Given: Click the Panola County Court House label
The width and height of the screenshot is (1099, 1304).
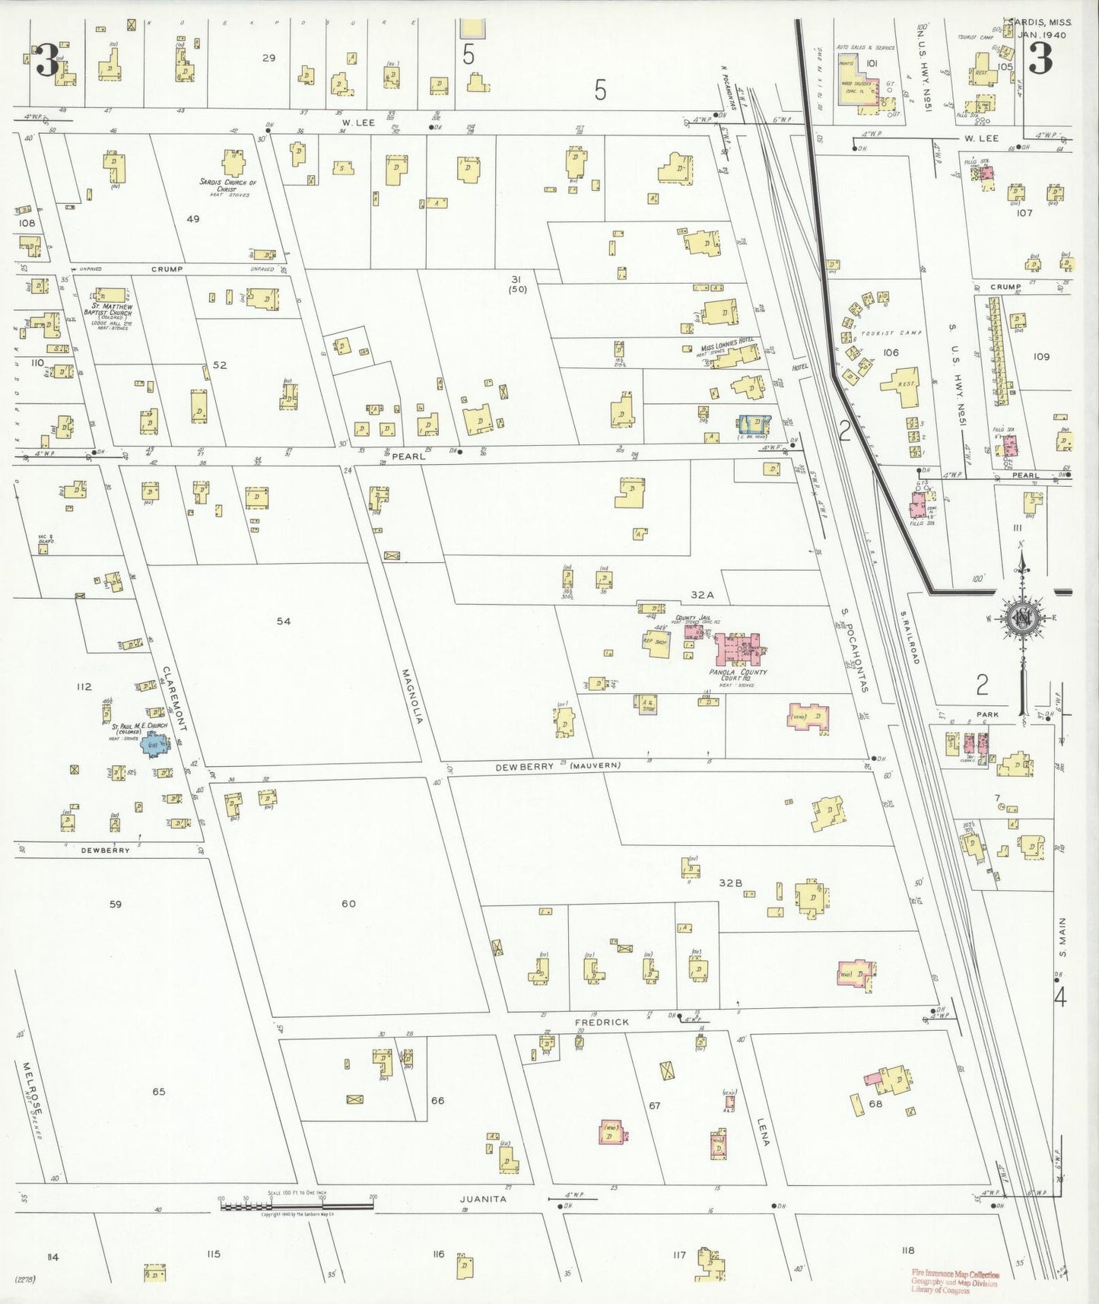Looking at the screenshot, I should (x=738, y=676).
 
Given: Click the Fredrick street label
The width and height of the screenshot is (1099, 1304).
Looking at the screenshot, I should (x=602, y=1023).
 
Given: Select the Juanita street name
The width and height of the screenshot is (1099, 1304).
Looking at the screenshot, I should (x=483, y=1199).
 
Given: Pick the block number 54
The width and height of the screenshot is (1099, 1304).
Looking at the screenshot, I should (x=283, y=621).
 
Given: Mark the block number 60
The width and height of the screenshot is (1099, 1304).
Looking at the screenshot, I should (x=348, y=904).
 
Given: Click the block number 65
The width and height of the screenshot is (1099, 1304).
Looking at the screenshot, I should (x=158, y=1092).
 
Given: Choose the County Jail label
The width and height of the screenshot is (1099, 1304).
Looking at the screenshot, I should (x=687, y=618).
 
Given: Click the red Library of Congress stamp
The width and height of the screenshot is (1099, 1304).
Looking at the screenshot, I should (x=955, y=1282).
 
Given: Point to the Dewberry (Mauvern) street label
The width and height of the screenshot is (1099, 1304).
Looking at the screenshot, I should (x=557, y=767).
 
